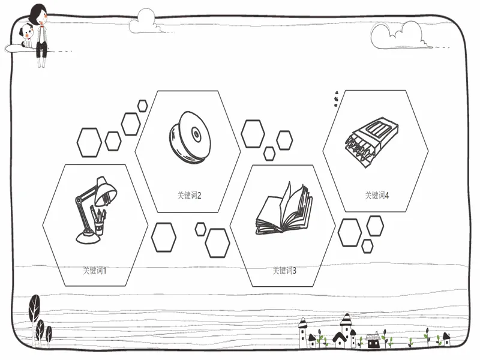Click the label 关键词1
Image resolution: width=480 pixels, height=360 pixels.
(95, 271)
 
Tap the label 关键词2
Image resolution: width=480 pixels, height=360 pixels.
(189, 196)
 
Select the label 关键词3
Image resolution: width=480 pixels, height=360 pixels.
(284, 271)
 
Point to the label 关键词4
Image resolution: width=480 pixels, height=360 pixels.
(377, 196)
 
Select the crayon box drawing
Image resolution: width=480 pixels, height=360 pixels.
(371, 143)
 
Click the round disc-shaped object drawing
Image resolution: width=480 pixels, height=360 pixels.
(190, 137)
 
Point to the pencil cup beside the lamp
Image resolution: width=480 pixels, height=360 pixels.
(98, 220)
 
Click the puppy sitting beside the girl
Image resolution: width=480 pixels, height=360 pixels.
(26, 35)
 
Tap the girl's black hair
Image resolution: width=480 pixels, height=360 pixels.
(37, 13)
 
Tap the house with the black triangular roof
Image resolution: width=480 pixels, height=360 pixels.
(339, 340)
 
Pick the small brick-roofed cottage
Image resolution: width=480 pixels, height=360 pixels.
(373, 340)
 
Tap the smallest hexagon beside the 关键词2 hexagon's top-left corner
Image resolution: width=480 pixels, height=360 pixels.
(142, 106)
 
